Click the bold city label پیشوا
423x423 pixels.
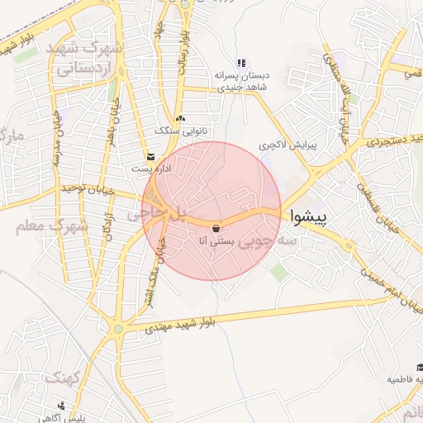click(308, 217)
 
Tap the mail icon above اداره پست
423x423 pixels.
click(150, 156)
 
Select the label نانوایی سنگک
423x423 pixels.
click(178, 130)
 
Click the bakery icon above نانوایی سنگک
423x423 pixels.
click(180, 118)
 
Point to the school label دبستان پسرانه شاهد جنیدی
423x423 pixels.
click(239, 81)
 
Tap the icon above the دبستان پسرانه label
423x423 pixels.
click(241, 63)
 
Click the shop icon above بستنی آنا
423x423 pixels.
click(216, 228)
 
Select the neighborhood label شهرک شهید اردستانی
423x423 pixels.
click(87, 59)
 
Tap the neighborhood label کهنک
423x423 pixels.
click(60, 378)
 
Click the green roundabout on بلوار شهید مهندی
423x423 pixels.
click(119, 329)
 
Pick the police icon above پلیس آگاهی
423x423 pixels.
click(62, 405)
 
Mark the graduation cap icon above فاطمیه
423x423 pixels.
click(419, 367)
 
